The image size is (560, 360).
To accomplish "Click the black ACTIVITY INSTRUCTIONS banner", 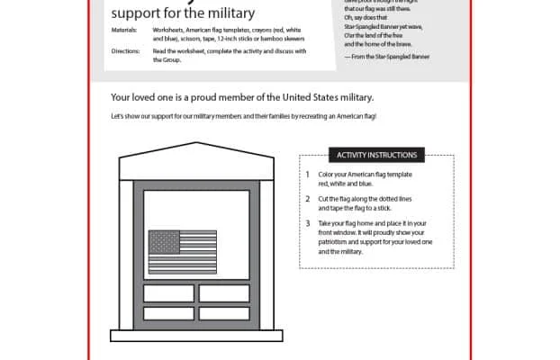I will tap(376, 155).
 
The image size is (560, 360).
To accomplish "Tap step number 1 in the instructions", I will tap(307, 174).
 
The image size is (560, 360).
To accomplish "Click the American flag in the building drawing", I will tap(183, 251).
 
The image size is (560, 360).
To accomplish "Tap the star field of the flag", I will tap(163, 242).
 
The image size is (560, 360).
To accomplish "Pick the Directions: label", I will tap(126, 51).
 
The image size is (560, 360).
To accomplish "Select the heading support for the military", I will tap(183, 13).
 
